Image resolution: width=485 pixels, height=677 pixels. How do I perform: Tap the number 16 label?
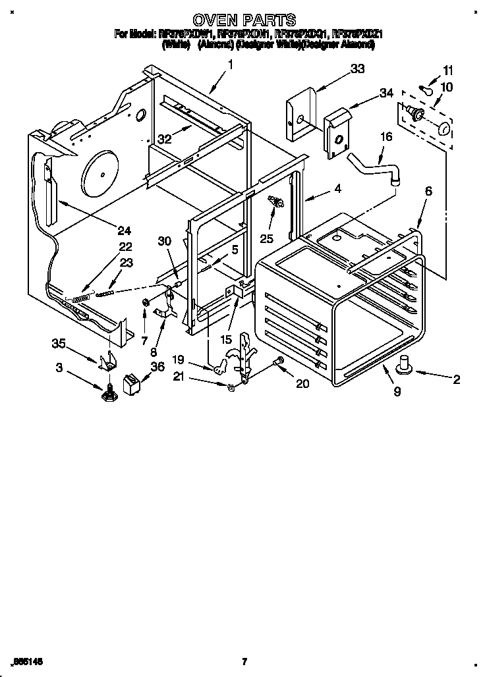[x=385, y=137]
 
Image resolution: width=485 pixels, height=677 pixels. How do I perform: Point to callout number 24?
[x=124, y=230]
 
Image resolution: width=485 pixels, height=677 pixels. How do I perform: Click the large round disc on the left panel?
[x=103, y=173]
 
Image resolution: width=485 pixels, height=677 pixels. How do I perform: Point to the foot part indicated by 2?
[x=403, y=362]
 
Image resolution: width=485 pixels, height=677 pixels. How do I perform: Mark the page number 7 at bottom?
[x=244, y=661]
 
